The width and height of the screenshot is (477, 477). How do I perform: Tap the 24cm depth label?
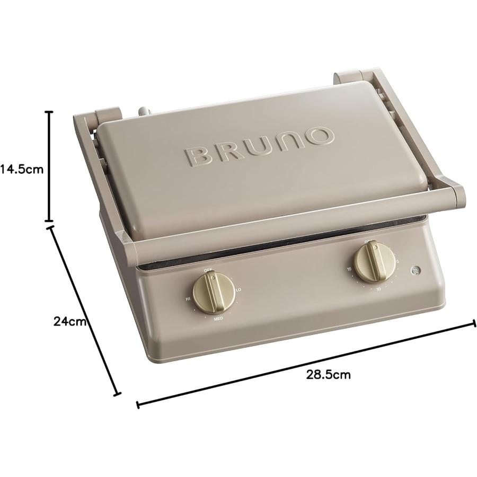click(69, 321)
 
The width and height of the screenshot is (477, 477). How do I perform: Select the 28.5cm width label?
click(328, 375)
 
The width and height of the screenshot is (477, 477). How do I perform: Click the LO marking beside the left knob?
click(238, 289)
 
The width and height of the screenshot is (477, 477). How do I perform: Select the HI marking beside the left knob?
click(188, 299)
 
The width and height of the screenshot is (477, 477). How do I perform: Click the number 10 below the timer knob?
click(378, 289)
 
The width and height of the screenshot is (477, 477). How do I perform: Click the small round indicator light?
click(415, 271)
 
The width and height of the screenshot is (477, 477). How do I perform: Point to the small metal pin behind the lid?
click(144, 112)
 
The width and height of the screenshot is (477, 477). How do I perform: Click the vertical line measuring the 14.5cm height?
click(50, 166)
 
